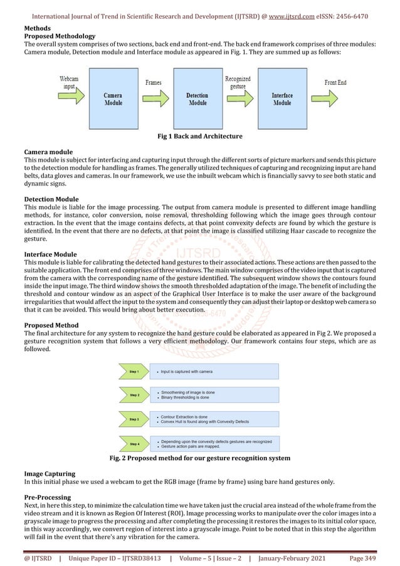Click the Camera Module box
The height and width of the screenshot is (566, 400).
click(113, 100)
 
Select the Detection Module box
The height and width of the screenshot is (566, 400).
click(197, 100)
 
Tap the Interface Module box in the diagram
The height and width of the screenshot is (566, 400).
click(282, 100)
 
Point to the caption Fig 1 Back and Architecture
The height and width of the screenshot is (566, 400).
click(199, 136)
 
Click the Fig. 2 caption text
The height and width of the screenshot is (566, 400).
click(199, 458)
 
